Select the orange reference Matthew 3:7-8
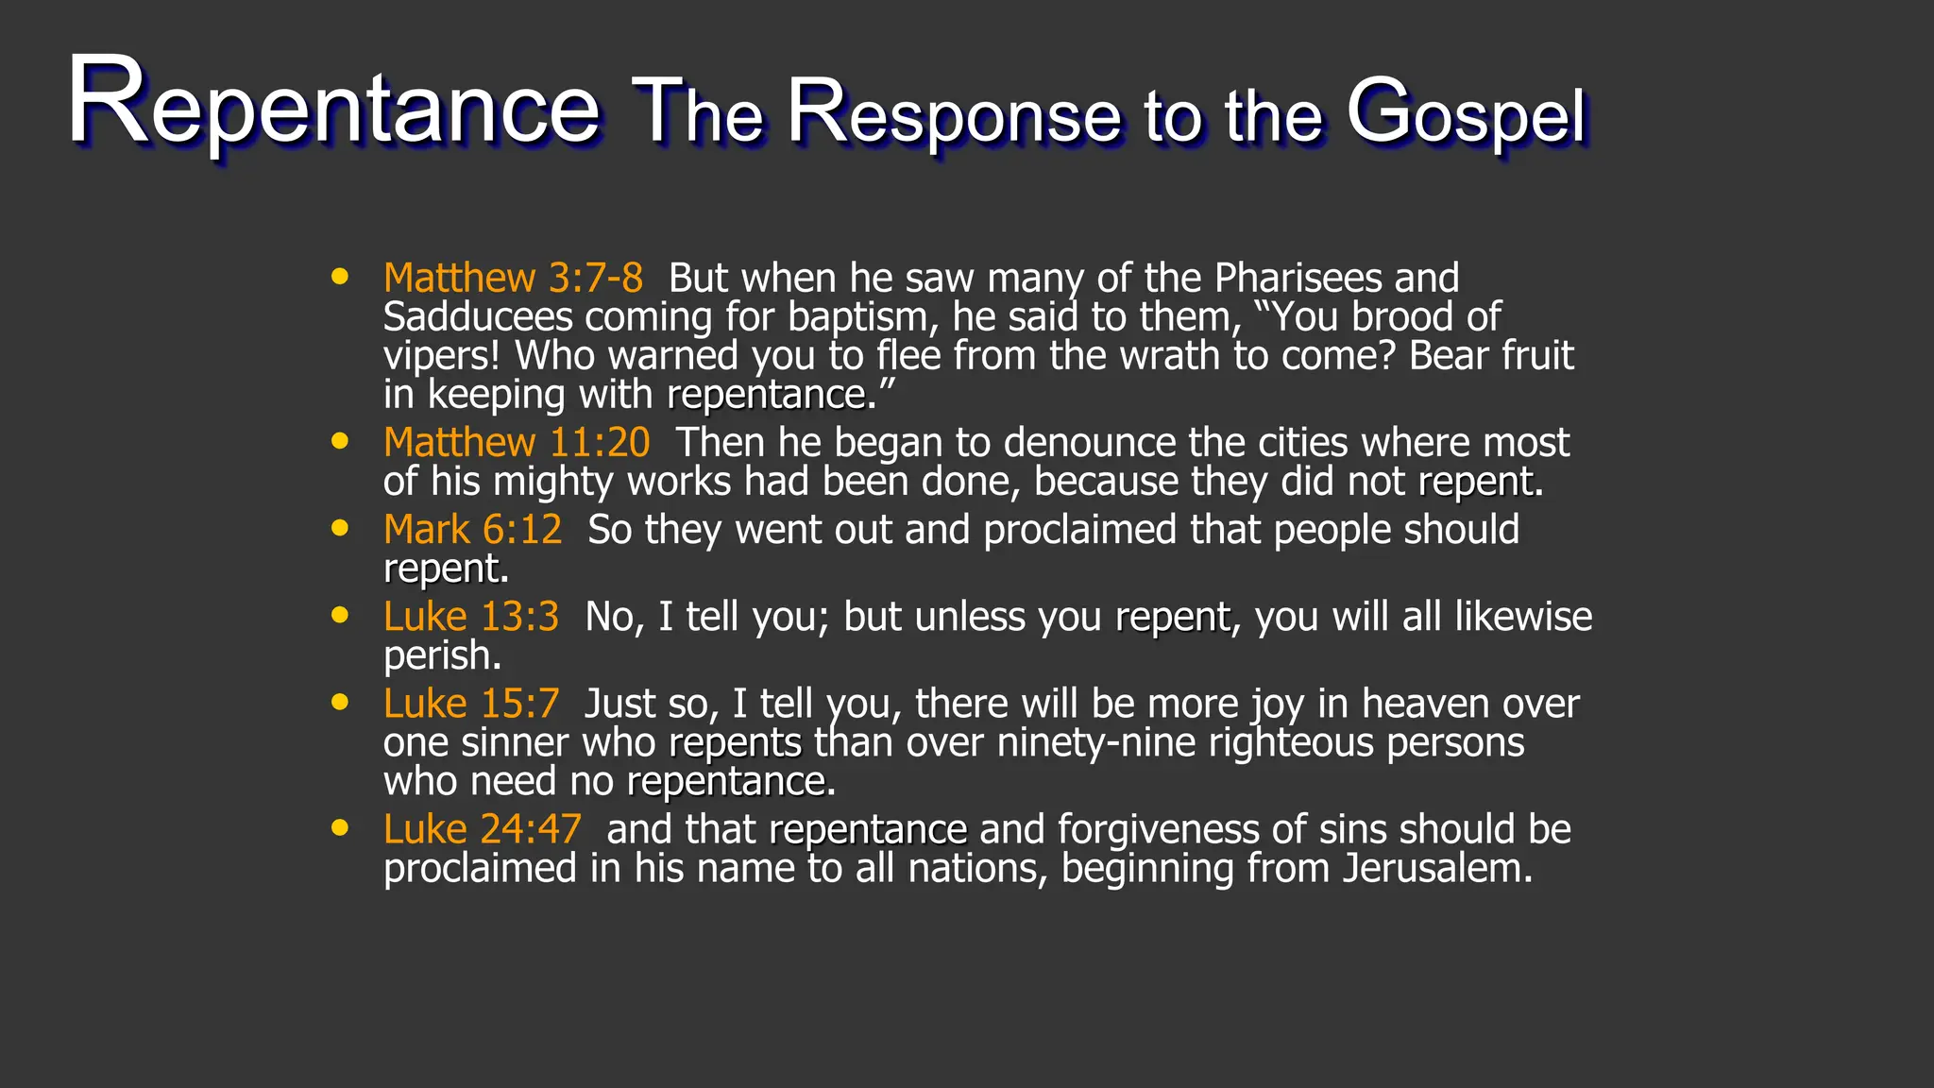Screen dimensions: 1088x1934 tap(513, 278)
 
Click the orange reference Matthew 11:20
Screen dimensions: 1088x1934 tap(517, 442)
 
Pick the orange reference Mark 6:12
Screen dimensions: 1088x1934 tap(472, 529)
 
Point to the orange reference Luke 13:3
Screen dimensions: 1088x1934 tap(470, 616)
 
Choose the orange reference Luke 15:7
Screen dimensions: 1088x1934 tap(470, 703)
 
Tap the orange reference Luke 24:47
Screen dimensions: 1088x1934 tap(482, 829)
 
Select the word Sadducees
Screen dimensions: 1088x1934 tap(478, 317)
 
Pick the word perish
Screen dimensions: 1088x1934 tap(440, 655)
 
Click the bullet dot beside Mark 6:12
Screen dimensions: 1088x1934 tap(340, 528)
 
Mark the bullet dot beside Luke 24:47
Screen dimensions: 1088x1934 tap(340, 828)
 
